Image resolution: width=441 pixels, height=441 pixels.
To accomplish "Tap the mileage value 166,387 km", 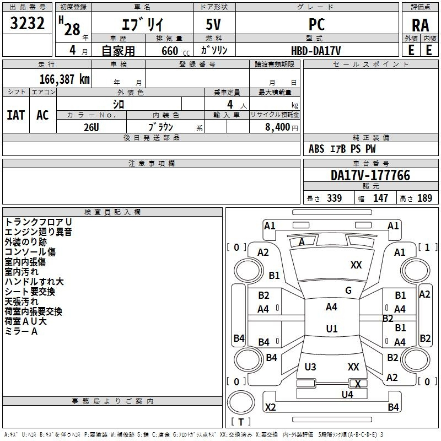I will pos(64,79).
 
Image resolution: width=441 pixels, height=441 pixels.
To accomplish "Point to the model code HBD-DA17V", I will pos(316,50).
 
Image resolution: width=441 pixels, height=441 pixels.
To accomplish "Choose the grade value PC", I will pos(316,24).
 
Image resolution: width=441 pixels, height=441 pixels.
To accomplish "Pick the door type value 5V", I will pos(214,24).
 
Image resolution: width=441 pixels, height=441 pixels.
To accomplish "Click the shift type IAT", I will pos(15,115).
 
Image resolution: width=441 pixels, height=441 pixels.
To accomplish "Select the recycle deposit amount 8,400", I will pos(278,127).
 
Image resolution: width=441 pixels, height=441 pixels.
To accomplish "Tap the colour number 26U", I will pos(91,127).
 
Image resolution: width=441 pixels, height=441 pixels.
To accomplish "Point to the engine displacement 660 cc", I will pos(169,51).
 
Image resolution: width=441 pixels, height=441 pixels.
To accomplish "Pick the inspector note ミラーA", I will pos(21,331).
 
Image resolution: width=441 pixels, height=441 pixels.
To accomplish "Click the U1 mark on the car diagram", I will pos(331,329).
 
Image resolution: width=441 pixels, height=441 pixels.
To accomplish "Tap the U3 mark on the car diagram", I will pos(310,367).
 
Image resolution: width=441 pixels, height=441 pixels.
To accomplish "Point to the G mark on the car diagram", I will pos(348,291).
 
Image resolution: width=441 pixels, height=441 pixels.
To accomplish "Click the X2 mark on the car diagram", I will pos(270,407).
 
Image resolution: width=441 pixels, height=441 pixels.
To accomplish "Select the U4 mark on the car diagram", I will pos(347,394).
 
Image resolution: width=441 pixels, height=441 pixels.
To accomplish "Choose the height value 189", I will pos(424,198).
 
